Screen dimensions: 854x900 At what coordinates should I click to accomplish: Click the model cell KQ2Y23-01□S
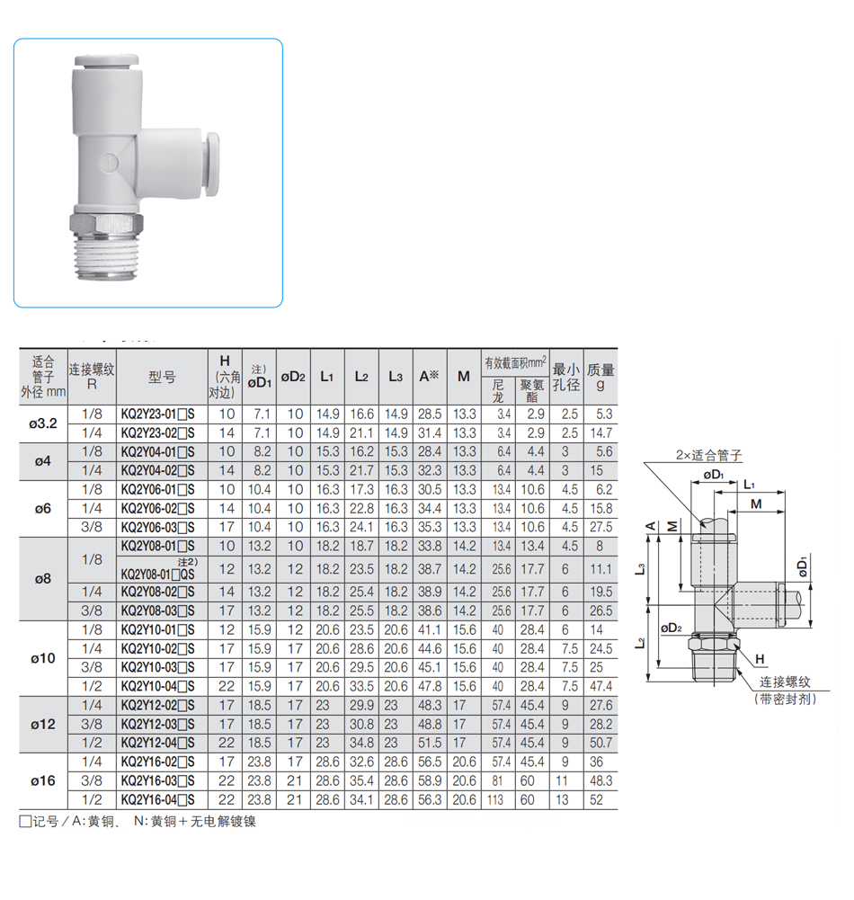click(158, 414)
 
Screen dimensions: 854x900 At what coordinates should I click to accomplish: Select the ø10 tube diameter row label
click(43, 658)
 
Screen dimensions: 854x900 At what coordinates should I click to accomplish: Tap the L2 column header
click(361, 377)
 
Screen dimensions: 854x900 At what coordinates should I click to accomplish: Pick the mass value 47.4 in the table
click(600, 686)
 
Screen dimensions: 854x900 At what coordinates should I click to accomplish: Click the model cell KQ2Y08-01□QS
click(158, 574)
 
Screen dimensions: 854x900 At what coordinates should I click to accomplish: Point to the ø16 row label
click(43, 780)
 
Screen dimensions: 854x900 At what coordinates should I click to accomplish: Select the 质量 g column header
click(600, 377)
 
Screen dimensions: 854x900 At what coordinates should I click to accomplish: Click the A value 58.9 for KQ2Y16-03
click(430, 780)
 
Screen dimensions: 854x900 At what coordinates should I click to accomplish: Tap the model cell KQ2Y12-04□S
click(158, 743)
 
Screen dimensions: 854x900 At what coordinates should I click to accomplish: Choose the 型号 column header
click(162, 377)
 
